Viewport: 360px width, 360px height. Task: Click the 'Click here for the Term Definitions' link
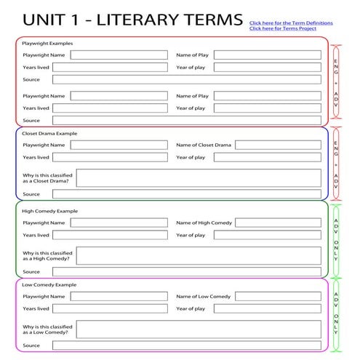pyautogui.click(x=291, y=23)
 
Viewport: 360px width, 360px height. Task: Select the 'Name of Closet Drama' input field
pyautogui.click(x=278, y=145)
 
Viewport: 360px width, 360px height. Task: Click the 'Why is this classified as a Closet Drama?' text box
pyautogui.click(x=198, y=178)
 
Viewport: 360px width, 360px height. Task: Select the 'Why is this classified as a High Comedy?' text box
pyautogui.click(x=198, y=255)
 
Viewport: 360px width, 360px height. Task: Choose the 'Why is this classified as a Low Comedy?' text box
pyautogui.click(x=198, y=329)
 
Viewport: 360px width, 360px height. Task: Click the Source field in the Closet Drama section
pyautogui.click(x=186, y=194)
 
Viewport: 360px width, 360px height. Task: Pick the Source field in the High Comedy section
pyautogui.click(x=186, y=271)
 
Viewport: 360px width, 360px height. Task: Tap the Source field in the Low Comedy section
pyautogui.click(x=186, y=345)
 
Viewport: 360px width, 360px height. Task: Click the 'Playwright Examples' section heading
pyautogui.click(x=48, y=44)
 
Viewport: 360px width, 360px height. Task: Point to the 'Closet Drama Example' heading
pyautogui.click(x=50, y=134)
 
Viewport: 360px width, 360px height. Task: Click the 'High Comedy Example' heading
pyautogui.click(x=49, y=211)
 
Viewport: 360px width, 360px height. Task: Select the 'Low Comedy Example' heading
pyautogui.click(x=49, y=285)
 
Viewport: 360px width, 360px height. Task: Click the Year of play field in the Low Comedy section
pyautogui.click(x=267, y=308)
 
